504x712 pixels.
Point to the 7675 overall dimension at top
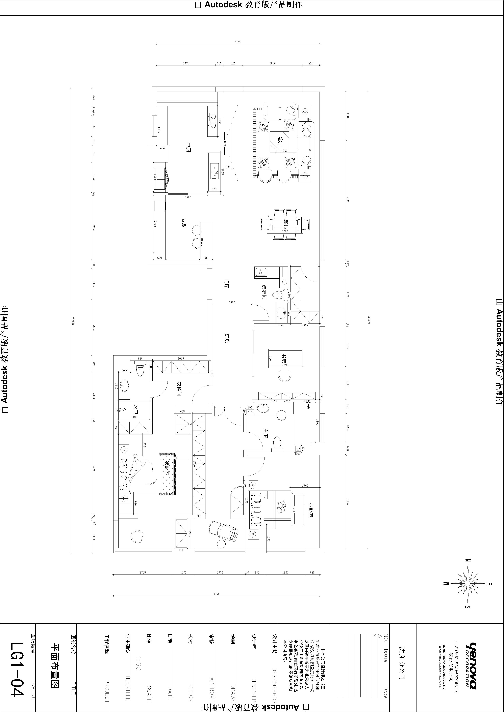click(238, 42)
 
